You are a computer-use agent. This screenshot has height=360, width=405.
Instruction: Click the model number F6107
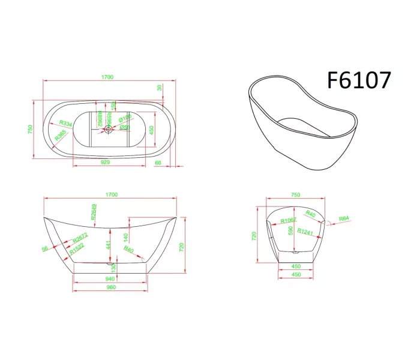[359, 79]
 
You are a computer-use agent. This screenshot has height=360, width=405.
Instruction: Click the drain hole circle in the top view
[109, 128]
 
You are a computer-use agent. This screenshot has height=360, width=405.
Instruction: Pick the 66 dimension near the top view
[158, 162]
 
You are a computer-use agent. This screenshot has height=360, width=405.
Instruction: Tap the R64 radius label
[344, 218]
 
